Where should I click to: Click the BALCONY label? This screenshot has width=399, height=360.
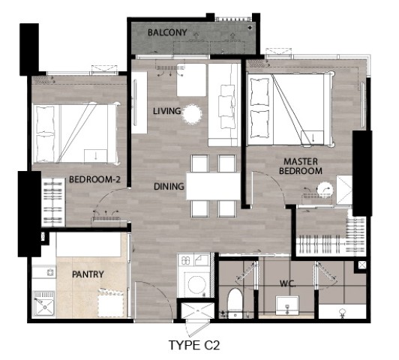[167, 32]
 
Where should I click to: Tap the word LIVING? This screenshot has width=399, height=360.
[167, 111]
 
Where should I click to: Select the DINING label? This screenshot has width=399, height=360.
[169, 187]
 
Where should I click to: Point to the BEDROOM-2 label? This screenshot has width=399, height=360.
[94, 179]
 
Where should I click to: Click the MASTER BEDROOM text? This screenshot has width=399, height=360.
[301, 166]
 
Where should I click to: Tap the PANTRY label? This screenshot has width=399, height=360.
[88, 274]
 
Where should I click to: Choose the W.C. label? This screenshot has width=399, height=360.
[288, 283]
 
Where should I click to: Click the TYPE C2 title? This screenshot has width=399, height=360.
[194, 345]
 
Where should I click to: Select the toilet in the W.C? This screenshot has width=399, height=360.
[235, 303]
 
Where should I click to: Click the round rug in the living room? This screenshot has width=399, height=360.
[193, 115]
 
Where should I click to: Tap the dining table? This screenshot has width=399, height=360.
[214, 187]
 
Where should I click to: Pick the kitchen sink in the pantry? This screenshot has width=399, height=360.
[44, 304]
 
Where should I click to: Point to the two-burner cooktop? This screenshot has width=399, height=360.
[186, 260]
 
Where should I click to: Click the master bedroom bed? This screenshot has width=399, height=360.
[291, 109]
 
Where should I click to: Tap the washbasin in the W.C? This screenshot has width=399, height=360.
[287, 305]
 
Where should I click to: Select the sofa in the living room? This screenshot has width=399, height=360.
[224, 105]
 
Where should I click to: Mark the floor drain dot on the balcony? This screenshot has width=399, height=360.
[250, 28]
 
